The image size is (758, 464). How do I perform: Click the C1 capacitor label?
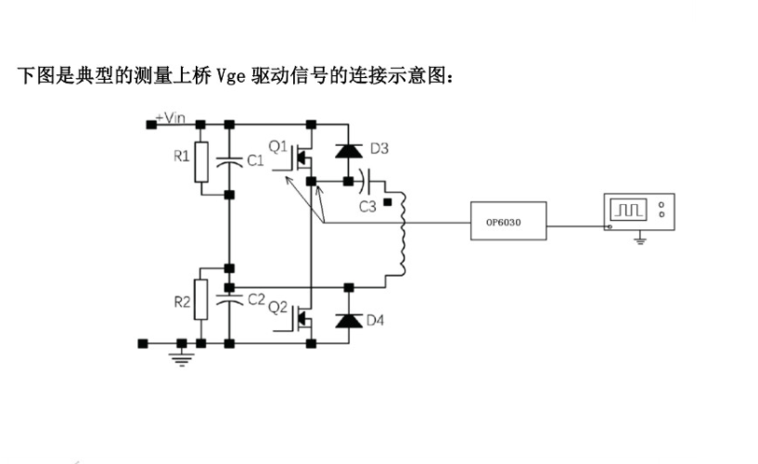(256, 161)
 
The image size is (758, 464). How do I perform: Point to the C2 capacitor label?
(256, 299)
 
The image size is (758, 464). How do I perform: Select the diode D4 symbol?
(348, 320)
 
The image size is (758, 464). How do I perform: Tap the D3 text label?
(379, 148)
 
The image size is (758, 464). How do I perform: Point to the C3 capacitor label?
(367, 205)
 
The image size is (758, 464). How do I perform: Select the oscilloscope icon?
(638, 212)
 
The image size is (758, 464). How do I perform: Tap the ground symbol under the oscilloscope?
(639, 241)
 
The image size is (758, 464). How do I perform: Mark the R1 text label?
(181, 155)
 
